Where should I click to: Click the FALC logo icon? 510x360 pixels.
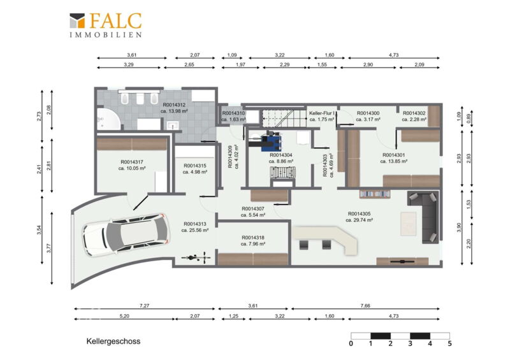pos(77,20)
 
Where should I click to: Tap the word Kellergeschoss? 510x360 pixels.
pos(113,342)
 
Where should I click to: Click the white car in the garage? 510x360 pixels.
pos(126,234)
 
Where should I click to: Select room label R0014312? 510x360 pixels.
pos(174,104)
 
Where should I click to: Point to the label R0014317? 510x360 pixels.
pos(132,162)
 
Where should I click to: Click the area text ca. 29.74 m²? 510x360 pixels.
pos(359,220)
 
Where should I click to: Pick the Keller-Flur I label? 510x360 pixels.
pos(321,113)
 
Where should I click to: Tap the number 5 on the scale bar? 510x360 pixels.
pos(449,343)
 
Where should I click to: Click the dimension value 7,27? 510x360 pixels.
pos(144,306)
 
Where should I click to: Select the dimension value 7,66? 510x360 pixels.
pos(365,306)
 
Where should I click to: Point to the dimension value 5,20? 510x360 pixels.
pos(124,316)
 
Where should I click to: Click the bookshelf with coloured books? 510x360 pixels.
pos(375,194)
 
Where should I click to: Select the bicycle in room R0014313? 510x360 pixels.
pos(196,258)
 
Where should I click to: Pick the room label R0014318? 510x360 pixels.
pos(253,238)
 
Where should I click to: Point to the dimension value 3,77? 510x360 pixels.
pos(49,248)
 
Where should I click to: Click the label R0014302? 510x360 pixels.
pos(414,113)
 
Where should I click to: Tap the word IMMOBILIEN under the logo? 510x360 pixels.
pos(106,35)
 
